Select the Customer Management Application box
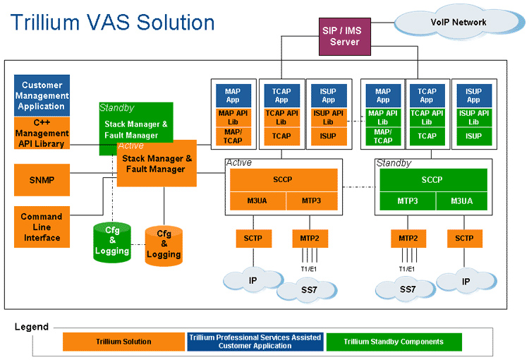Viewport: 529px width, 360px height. [42, 95]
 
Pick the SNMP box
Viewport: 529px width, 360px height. [42, 179]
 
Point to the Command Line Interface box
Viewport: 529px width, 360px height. [42, 227]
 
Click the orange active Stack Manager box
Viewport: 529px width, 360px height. [157, 164]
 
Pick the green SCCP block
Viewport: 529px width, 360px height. [432, 179]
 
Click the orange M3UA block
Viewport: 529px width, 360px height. [257, 201]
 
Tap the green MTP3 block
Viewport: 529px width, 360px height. [407, 201]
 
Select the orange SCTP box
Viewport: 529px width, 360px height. [253, 239]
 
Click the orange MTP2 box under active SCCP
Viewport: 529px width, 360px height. [310, 239]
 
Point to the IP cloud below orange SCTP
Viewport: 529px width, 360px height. [253, 280]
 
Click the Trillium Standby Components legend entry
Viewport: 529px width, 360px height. [394, 342]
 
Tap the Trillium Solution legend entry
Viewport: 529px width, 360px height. [123, 342]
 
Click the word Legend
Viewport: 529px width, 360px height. [32, 327]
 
